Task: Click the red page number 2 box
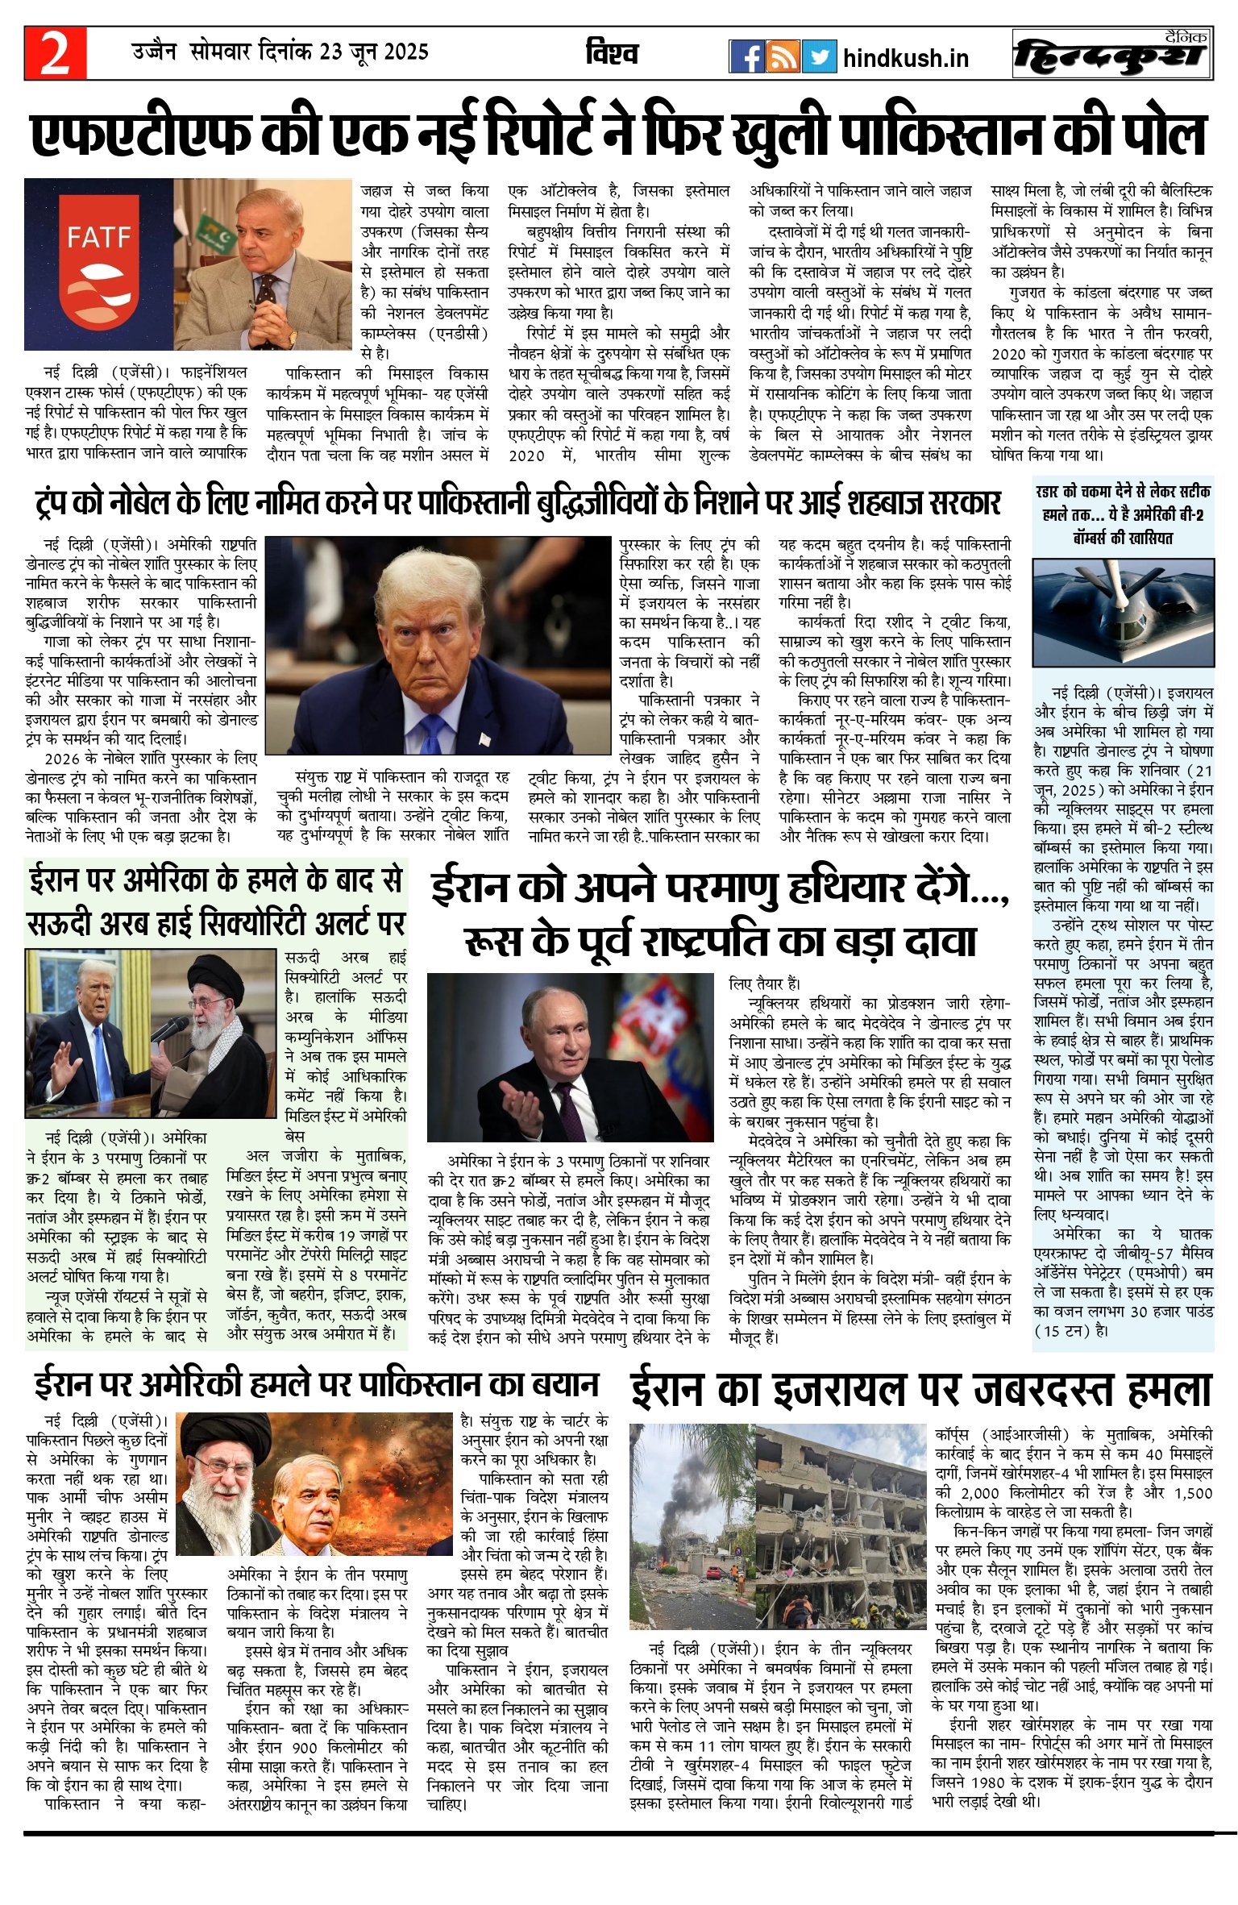coord(55,54)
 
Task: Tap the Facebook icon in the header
coord(746,56)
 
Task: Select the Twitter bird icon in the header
coord(819,56)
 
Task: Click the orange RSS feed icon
coord(783,56)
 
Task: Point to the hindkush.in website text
coord(905,58)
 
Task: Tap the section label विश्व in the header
coord(613,54)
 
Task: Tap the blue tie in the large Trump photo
coord(433,730)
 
